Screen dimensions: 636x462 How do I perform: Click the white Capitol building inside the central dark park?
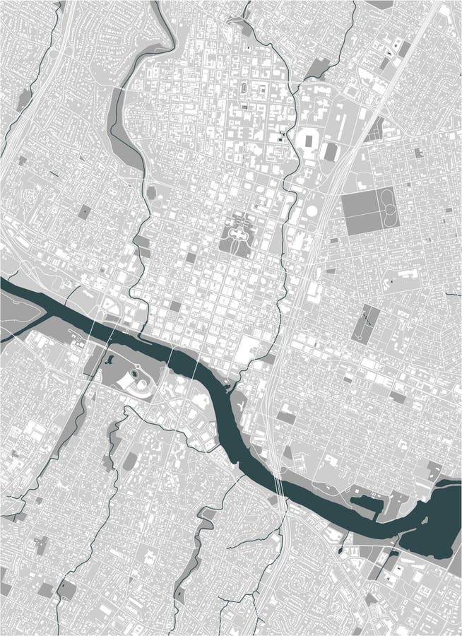point(238,233)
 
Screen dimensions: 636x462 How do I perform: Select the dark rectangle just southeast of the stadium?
point(329,151)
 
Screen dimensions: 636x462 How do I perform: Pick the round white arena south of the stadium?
point(312,211)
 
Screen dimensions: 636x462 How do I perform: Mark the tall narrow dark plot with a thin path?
point(366,323)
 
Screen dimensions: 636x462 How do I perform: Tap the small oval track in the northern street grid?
point(244,89)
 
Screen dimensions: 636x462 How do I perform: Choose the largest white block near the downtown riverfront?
point(249,351)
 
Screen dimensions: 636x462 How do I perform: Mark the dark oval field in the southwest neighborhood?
point(129,462)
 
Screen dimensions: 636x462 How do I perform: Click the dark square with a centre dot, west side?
point(85,211)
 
